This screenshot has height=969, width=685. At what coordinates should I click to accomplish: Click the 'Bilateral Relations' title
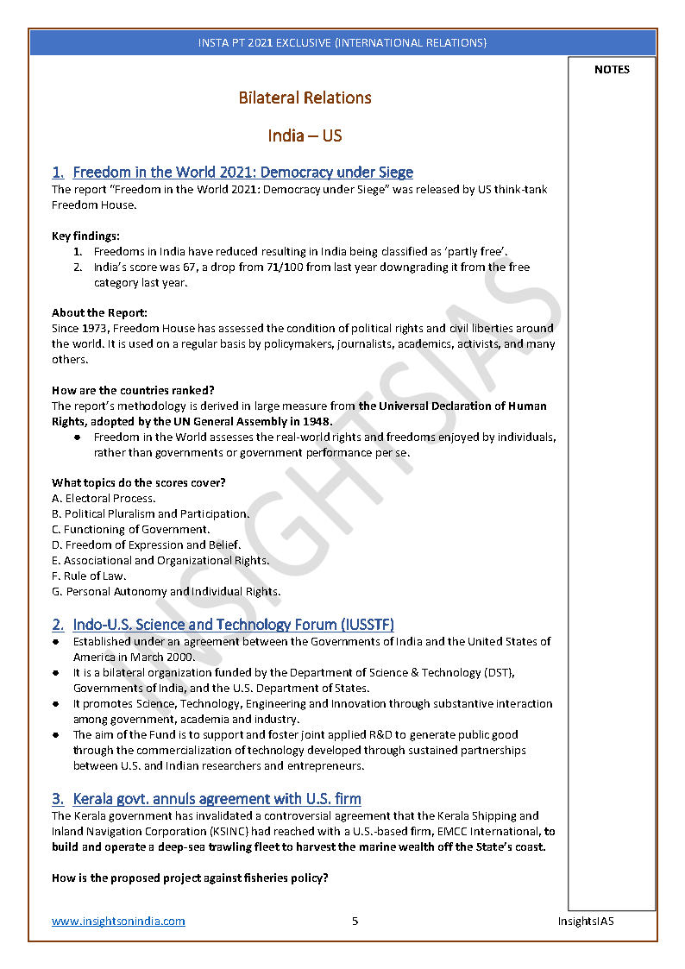click(x=305, y=98)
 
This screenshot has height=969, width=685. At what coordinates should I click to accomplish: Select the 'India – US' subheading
click(x=305, y=135)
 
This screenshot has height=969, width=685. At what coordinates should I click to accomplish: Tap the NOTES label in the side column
click(x=612, y=70)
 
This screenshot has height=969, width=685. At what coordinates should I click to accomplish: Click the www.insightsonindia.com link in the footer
click(x=118, y=921)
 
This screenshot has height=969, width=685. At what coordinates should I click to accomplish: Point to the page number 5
click(x=355, y=921)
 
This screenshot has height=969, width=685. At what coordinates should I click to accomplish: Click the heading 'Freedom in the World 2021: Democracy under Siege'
click(x=242, y=173)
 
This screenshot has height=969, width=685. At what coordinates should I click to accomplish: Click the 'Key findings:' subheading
click(x=85, y=236)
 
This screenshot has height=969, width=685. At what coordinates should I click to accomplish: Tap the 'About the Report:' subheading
click(x=99, y=313)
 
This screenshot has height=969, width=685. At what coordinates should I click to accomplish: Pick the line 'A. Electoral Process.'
click(x=104, y=498)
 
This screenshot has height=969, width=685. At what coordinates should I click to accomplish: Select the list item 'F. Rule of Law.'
click(x=89, y=576)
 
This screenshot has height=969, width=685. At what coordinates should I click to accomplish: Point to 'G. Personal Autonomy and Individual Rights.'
click(x=166, y=591)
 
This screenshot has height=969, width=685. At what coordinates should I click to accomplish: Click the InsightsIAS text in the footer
click(x=585, y=921)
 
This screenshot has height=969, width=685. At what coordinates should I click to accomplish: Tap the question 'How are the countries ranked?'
click(x=133, y=390)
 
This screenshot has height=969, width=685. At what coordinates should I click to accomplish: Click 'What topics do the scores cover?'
click(x=139, y=482)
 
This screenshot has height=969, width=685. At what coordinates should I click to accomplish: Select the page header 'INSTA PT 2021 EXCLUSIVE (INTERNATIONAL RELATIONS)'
click(x=342, y=42)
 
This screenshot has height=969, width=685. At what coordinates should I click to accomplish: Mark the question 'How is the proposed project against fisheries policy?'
click(x=190, y=878)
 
